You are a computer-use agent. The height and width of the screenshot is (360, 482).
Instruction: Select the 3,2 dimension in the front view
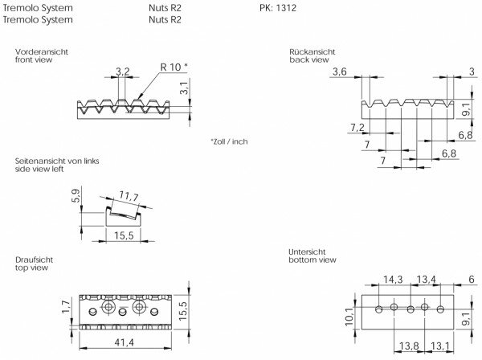(122, 72)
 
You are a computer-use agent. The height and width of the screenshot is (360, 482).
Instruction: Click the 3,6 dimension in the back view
(339, 73)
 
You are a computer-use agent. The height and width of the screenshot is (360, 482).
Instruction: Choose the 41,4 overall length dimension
(122, 342)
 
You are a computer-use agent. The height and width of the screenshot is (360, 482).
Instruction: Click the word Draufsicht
(33, 260)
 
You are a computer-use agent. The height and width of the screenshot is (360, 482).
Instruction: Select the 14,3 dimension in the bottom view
(393, 280)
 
